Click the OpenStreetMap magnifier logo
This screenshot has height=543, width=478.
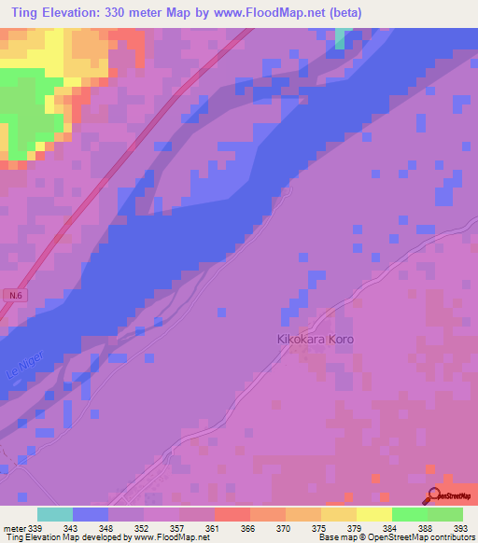[433, 497]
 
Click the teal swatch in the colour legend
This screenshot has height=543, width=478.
[54, 515]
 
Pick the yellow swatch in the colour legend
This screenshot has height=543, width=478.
[373, 515]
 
